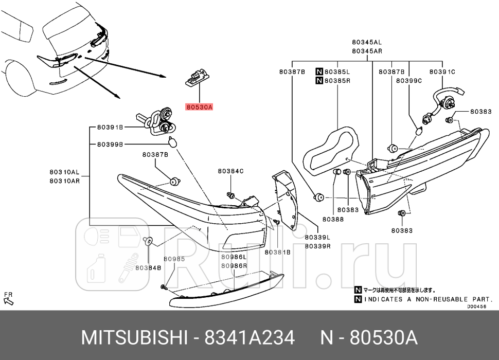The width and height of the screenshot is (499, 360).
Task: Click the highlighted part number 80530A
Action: point(199,107)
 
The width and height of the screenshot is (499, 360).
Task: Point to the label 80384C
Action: point(230,171)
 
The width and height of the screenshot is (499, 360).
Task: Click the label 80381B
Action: point(278,252)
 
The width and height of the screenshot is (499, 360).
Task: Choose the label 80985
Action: point(174,259)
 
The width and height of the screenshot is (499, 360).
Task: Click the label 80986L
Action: point(234,257)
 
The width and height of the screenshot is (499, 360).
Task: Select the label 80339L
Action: point(317,238)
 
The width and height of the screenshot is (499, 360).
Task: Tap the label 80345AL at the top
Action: point(367,42)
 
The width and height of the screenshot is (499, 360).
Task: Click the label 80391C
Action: point(442,72)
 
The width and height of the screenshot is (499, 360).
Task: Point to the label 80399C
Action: point(409,81)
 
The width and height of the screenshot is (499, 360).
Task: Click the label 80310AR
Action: point(64,181)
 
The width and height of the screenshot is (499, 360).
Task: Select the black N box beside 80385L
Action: point(319,72)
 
